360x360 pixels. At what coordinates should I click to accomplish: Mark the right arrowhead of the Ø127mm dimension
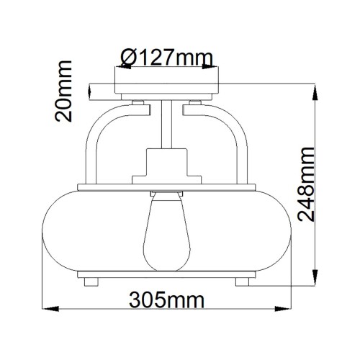pos(218,70)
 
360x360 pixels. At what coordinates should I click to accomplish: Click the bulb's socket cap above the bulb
pos(168,195)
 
